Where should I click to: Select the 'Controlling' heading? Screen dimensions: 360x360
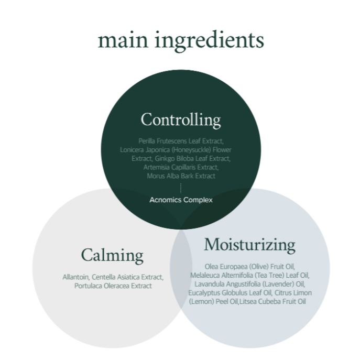tap(181, 119)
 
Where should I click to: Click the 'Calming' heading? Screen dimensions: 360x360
tap(112, 255)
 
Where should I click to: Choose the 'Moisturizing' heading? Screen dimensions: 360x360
tap(249, 244)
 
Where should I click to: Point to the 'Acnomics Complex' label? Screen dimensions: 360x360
tap(181, 200)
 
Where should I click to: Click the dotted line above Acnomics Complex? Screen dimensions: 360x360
tap(181, 188)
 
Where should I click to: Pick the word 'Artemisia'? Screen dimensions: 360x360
tap(156, 167)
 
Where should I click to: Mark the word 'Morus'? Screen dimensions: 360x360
tap(156, 176)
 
